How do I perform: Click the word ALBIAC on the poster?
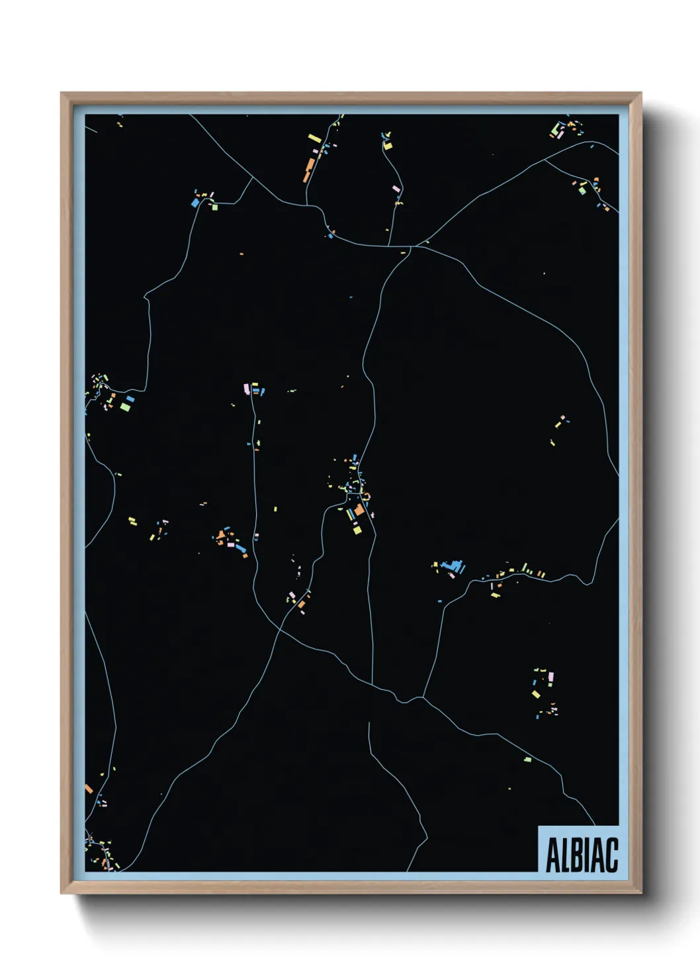tap(582, 855)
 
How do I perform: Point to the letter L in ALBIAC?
tap(562, 855)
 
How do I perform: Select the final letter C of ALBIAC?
tap(611, 855)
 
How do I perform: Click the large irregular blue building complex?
tap(453, 567)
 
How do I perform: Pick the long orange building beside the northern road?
tap(308, 170)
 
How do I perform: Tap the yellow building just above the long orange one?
tap(314, 139)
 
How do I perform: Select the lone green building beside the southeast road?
tap(527, 759)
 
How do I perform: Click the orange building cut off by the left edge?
tap(89, 789)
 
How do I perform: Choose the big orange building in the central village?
tap(359, 510)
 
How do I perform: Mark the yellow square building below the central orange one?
tap(357, 529)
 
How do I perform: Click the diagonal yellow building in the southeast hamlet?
tap(537, 694)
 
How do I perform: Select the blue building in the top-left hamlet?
tap(195, 203)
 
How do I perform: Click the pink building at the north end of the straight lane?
tap(246, 388)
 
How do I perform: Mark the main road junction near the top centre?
tap(412, 247)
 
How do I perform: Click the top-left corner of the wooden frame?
tap(62, 93)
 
